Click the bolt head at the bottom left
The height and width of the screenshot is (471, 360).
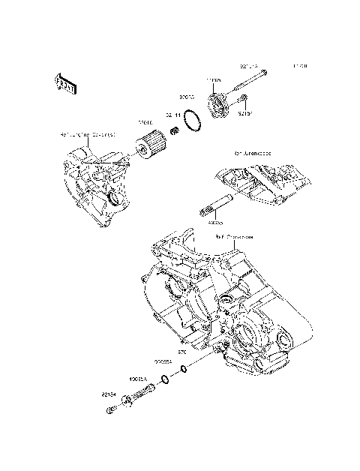click(x=109, y=409)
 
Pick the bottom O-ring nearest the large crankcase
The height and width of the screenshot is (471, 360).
click(x=187, y=366)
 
